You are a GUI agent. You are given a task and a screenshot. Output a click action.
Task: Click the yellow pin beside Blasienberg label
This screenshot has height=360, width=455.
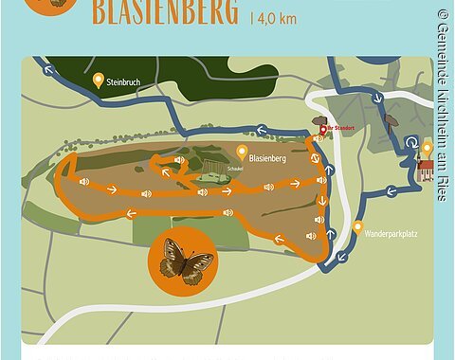242,151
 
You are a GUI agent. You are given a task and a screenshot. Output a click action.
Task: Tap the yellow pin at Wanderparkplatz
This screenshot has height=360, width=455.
357,227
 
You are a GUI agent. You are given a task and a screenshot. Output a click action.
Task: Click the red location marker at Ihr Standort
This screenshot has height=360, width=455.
322,131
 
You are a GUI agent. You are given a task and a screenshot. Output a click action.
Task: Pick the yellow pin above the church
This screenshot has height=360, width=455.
427,148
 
